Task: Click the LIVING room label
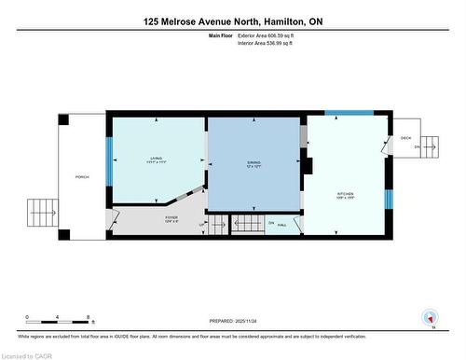tap(156, 159)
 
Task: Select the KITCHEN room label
tap(346, 197)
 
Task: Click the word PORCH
tap(82, 176)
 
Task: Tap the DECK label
tap(405, 138)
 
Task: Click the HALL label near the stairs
tap(282, 224)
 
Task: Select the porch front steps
tap(40, 211)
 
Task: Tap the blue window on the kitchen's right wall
tap(387, 199)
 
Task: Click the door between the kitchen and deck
tap(386, 145)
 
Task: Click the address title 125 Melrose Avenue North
tap(232, 21)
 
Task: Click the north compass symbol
tap(430, 318)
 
